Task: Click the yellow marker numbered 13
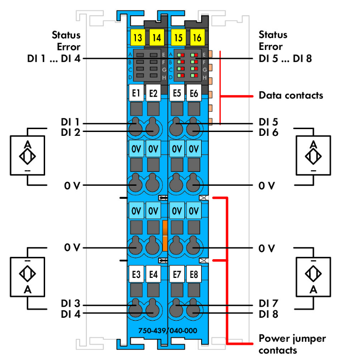pyautogui.click(x=136, y=36)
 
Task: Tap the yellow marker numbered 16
pyautogui.click(x=197, y=36)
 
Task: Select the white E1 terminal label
pyautogui.click(x=136, y=93)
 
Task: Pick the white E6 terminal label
pyautogui.click(x=193, y=93)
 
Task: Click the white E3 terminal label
pyautogui.click(x=136, y=275)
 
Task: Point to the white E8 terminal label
pyautogui.click(x=193, y=275)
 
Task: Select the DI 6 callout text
pyautogui.click(x=268, y=132)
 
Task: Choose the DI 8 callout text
pyautogui.click(x=268, y=314)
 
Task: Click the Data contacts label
pyautogui.click(x=291, y=95)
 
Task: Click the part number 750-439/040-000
pyautogui.click(x=167, y=331)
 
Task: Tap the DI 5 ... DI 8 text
pyautogui.click(x=286, y=59)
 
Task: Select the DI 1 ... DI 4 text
pyautogui.click(x=54, y=59)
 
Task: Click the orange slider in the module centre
pyautogui.click(x=165, y=235)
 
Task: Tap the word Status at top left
pyautogui.click(x=66, y=35)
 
